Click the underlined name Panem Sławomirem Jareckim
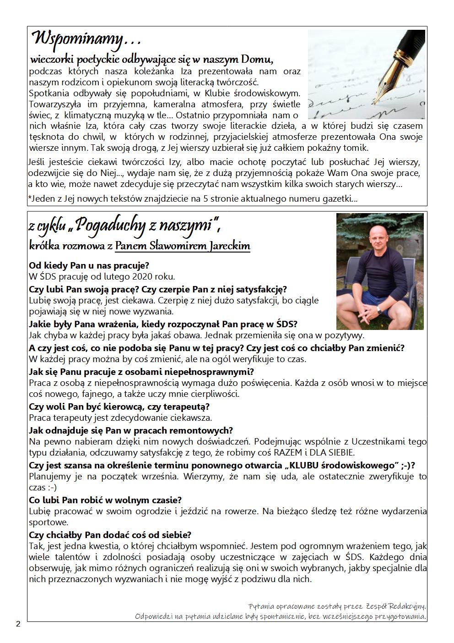click(x=183, y=246)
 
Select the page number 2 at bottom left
click(x=18, y=624)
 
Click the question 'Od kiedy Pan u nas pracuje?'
click(x=89, y=265)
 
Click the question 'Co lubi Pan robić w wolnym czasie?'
click(x=105, y=500)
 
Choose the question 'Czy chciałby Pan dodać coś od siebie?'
click(x=110, y=535)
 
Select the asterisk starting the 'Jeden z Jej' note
click(x=30, y=198)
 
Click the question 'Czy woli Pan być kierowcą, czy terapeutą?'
click(x=119, y=407)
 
